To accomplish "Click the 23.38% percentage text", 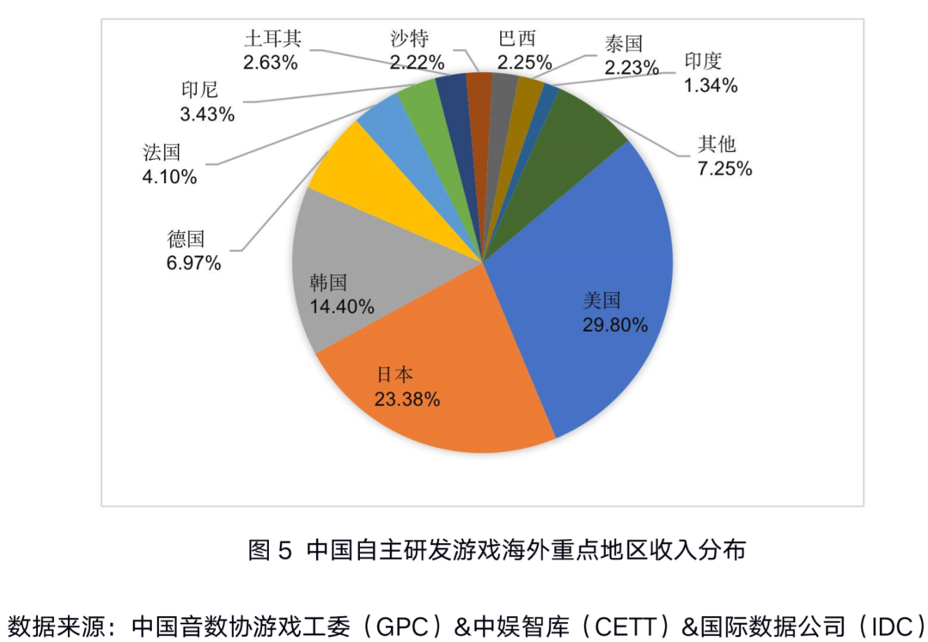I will pos(407,399).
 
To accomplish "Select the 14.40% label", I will pos(341,306).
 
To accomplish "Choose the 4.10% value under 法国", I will pos(170,177).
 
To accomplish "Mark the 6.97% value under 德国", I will pos(193,263).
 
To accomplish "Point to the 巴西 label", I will pos(516,38).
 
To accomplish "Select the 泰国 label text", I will pos(623,43).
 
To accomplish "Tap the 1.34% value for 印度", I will pos(711,84).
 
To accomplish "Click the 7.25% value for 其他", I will pos(724,168).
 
